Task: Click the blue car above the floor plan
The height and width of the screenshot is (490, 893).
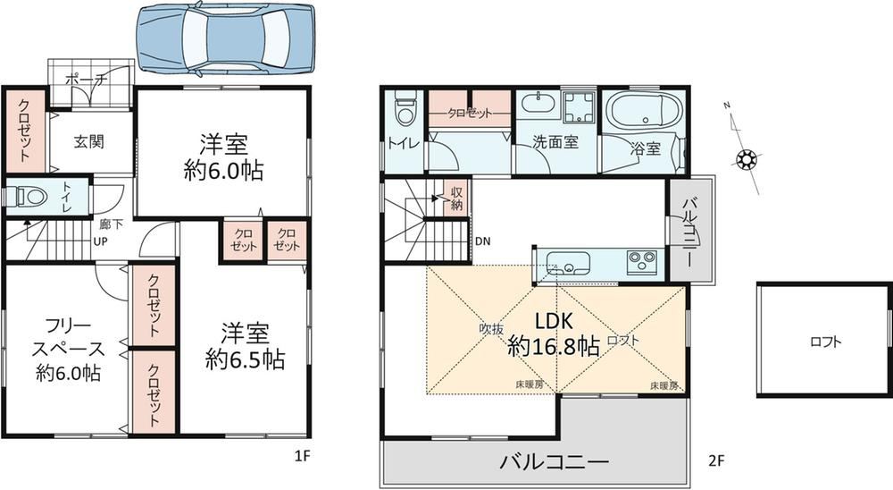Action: (226, 38)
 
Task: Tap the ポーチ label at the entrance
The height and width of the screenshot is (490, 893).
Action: (86, 80)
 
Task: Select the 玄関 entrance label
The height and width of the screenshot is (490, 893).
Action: (88, 141)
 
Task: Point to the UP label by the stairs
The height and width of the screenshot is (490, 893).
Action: (100, 241)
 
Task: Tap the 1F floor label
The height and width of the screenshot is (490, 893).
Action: (302, 456)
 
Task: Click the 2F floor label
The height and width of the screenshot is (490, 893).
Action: (716, 460)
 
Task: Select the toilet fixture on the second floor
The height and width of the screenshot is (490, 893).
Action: (405, 111)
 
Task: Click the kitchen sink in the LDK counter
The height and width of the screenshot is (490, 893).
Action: (568, 264)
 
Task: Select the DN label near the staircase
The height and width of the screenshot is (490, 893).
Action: (483, 241)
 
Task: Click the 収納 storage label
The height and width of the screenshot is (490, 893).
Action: (456, 199)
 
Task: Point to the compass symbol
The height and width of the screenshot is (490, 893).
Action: (745, 159)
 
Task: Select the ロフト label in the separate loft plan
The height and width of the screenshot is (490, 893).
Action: (825, 342)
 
